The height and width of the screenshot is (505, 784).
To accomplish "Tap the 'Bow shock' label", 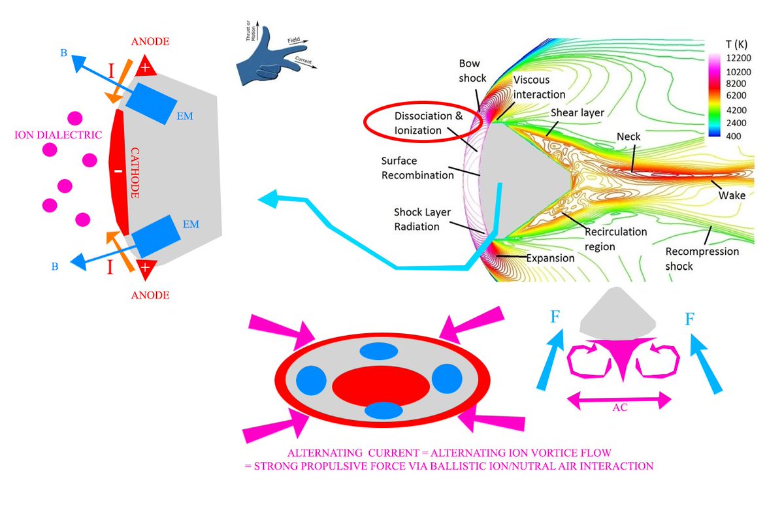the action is point(473,71).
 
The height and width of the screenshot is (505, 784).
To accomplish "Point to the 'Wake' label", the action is point(732,195).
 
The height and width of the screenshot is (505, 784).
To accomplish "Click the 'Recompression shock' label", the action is point(702,259).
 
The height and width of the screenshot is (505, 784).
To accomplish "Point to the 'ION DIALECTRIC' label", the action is point(58,135).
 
